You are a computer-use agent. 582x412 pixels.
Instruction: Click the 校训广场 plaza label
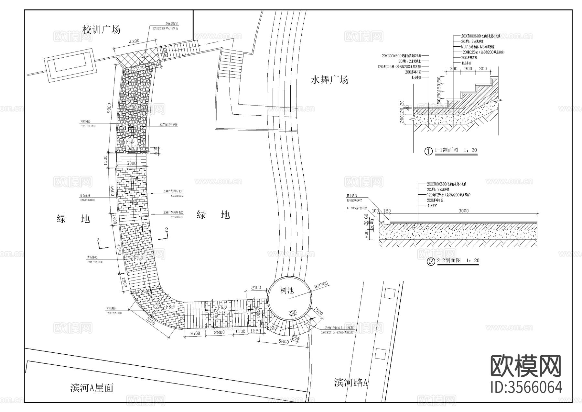coord(102,30)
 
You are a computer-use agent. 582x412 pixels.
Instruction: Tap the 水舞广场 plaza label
coord(329,80)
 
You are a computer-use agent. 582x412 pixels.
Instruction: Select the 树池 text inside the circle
coord(287,291)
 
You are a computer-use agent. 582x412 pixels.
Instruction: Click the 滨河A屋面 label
coord(92,388)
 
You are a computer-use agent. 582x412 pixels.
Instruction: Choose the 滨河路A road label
coord(351,383)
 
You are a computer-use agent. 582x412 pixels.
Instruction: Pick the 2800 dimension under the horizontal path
coord(219,333)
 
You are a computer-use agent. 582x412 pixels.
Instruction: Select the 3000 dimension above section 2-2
coord(463,211)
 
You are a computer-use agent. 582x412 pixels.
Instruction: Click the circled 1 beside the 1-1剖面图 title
coord(428,151)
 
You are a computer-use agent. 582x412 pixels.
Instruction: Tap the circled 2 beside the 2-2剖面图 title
coord(431,261)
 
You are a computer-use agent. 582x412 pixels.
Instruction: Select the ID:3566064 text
coord(526,387)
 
